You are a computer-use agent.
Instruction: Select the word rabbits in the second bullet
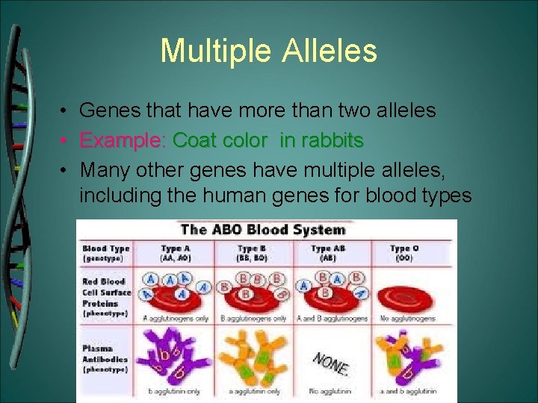[x=329, y=140]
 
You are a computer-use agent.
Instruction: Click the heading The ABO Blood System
[x=263, y=230]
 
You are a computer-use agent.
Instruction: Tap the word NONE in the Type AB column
[x=331, y=362]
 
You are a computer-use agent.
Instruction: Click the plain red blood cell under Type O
[x=406, y=298]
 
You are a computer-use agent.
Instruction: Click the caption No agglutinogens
[x=406, y=319]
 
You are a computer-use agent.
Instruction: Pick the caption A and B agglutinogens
[x=331, y=319]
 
